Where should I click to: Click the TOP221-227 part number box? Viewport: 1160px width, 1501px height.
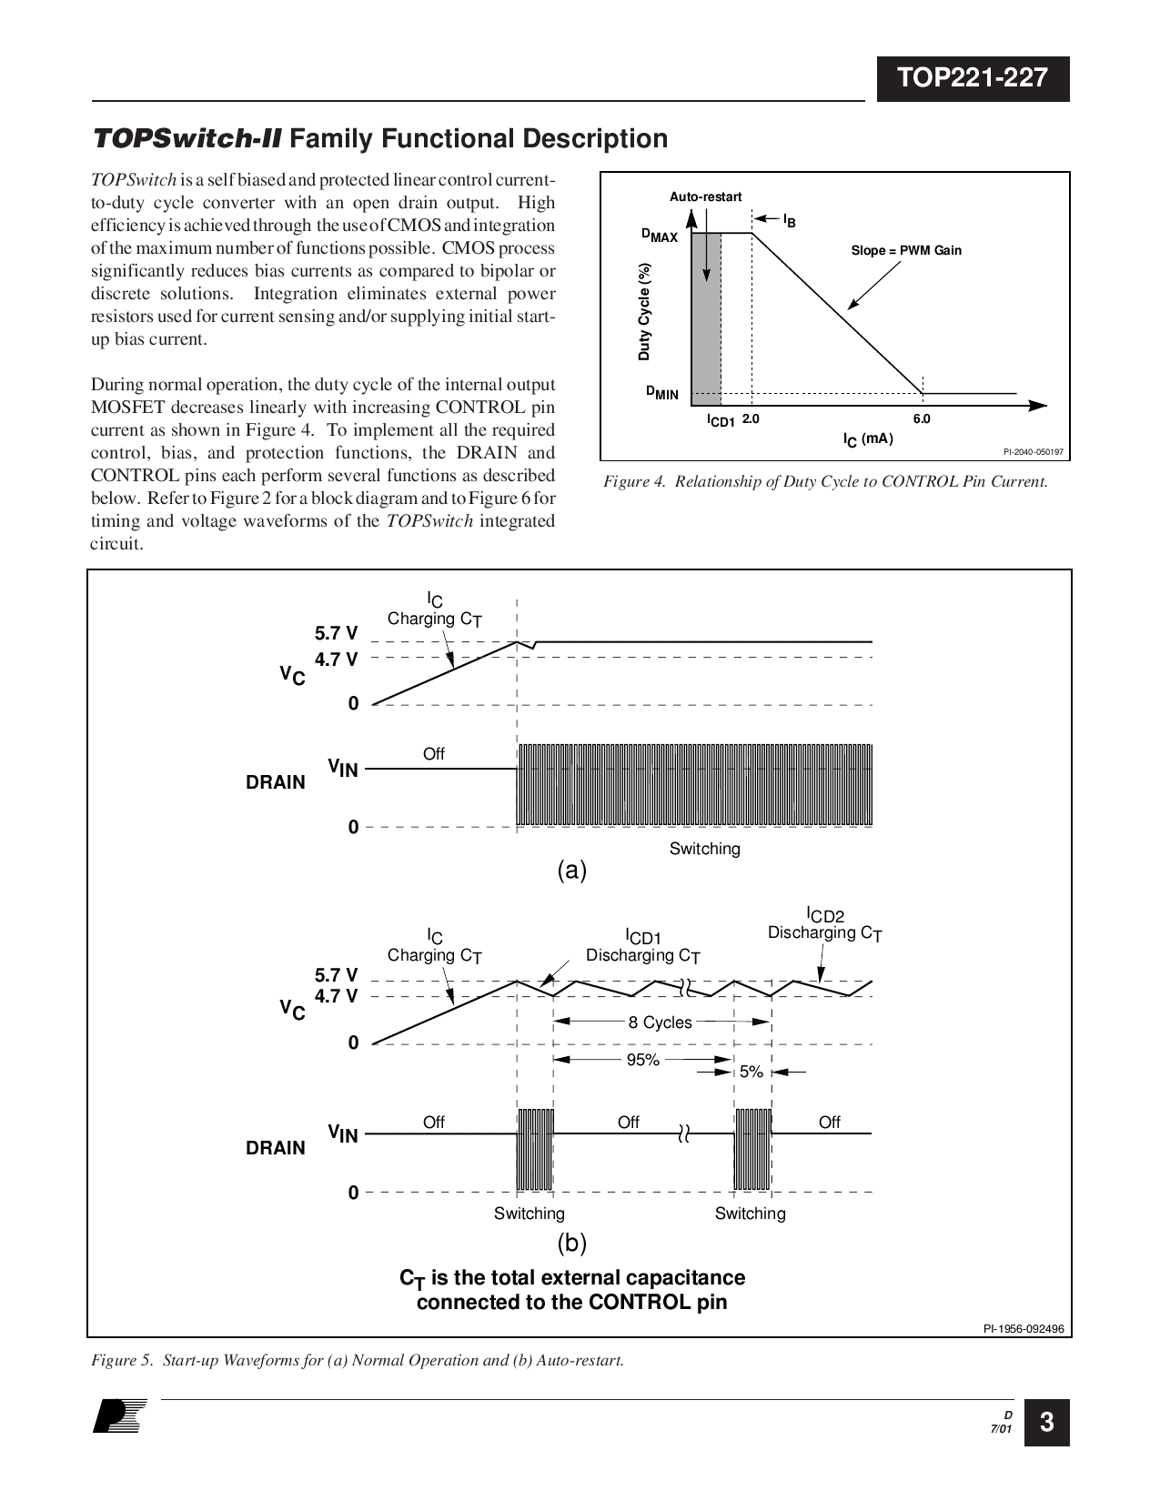(x=973, y=79)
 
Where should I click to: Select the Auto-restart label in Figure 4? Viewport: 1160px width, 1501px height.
(x=705, y=196)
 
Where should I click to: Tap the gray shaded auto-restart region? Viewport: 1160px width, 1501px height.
(x=706, y=319)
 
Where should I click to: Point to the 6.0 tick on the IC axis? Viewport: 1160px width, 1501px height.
(x=922, y=419)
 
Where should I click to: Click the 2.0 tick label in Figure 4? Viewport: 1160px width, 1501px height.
(x=751, y=419)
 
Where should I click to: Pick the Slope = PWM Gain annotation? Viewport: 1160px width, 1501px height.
(x=906, y=250)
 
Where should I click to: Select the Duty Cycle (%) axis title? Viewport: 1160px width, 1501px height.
(x=644, y=311)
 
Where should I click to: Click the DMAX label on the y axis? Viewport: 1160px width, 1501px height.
(x=660, y=236)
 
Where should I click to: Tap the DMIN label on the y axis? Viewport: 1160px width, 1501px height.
(x=661, y=393)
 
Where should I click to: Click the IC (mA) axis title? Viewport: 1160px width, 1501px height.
(x=869, y=439)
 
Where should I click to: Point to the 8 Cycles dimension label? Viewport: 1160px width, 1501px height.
(x=660, y=1022)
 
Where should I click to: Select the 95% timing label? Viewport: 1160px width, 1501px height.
(x=643, y=1060)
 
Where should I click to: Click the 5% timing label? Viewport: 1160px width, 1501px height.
(x=751, y=1072)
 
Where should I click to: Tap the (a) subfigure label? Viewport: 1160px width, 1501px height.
(x=572, y=870)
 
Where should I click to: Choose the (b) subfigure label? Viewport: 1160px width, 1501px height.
(x=572, y=1243)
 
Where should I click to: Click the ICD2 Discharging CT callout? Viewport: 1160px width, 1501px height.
(x=825, y=925)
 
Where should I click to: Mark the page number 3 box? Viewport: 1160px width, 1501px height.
(x=1046, y=1422)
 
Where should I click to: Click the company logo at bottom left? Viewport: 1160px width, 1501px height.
(x=119, y=1416)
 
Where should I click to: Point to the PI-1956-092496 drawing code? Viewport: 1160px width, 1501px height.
(x=1024, y=1328)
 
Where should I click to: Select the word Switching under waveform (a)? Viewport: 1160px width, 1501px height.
(x=705, y=849)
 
